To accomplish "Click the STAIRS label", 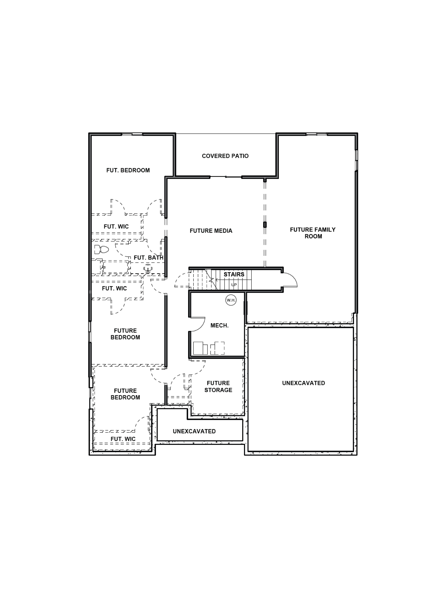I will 234,274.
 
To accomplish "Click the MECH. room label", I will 219,325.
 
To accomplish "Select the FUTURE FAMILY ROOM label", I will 313,233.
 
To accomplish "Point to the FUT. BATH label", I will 148,258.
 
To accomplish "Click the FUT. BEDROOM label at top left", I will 128,170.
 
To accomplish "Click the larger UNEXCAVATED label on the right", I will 304,383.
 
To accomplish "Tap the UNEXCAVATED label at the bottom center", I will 194,431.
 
